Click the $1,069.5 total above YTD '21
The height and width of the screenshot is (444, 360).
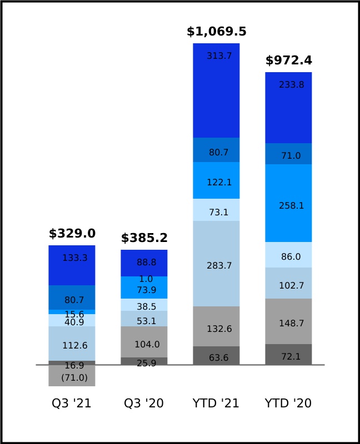(x=217, y=32)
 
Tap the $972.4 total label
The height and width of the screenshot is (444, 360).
(x=288, y=60)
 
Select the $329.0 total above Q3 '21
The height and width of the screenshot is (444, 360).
(x=72, y=234)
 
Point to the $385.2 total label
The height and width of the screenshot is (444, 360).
(x=144, y=238)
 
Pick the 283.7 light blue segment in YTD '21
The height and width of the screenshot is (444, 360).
(x=216, y=264)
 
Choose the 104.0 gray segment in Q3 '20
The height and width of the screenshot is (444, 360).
(x=144, y=342)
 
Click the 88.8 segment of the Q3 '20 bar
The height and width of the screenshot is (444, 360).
(x=144, y=263)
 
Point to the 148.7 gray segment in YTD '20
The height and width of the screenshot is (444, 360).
(x=288, y=321)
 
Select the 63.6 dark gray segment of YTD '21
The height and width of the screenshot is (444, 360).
(x=216, y=356)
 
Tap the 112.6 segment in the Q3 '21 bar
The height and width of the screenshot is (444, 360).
(x=72, y=344)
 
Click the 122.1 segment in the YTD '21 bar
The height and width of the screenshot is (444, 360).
(x=216, y=180)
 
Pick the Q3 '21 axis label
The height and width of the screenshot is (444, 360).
(x=72, y=403)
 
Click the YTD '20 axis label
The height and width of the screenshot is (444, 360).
(x=288, y=403)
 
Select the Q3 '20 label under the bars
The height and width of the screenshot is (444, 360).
(x=144, y=403)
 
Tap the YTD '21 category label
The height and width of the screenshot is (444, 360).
(x=216, y=403)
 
